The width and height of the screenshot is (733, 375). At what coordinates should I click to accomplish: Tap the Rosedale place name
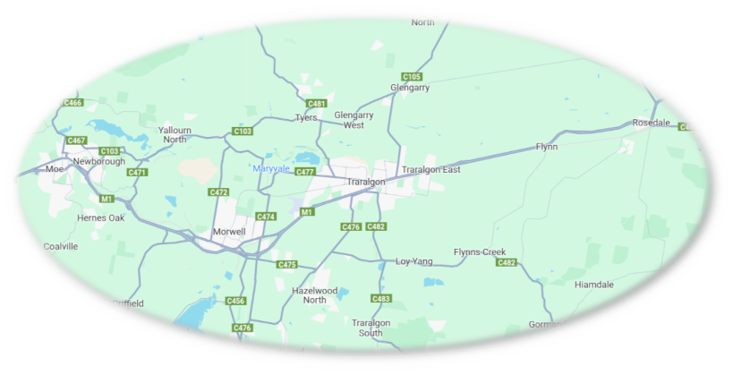pyautogui.click(x=651, y=122)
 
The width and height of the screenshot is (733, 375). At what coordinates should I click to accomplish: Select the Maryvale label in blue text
pyautogui.click(x=271, y=168)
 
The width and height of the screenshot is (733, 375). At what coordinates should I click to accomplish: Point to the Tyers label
pyautogui.click(x=307, y=117)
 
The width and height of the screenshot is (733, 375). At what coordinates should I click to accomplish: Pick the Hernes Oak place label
pyautogui.click(x=101, y=217)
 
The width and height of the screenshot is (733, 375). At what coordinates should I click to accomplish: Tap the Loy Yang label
pyautogui.click(x=414, y=261)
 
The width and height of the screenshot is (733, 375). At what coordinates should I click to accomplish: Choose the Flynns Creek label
pyautogui.click(x=480, y=252)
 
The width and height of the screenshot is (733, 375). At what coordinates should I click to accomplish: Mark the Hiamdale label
pyautogui.click(x=594, y=285)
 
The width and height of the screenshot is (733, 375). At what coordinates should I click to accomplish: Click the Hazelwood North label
pyautogui.click(x=315, y=295)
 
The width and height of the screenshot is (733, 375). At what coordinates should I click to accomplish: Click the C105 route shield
pyautogui.click(x=412, y=76)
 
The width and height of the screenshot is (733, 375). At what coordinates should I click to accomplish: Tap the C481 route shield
pyautogui.click(x=317, y=103)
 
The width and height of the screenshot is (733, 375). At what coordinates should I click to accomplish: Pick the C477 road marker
pyautogui.click(x=305, y=172)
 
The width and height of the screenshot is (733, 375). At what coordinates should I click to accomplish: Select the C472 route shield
pyautogui.click(x=218, y=192)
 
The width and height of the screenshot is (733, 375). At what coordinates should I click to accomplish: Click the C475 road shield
pyautogui.click(x=286, y=265)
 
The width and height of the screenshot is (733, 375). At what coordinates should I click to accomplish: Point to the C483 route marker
pyautogui.click(x=381, y=298)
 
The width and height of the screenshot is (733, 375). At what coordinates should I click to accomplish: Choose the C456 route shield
pyautogui.click(x=236, y=301)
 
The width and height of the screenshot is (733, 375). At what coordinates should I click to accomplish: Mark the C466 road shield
pyautogui.click(x=73, y=103)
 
